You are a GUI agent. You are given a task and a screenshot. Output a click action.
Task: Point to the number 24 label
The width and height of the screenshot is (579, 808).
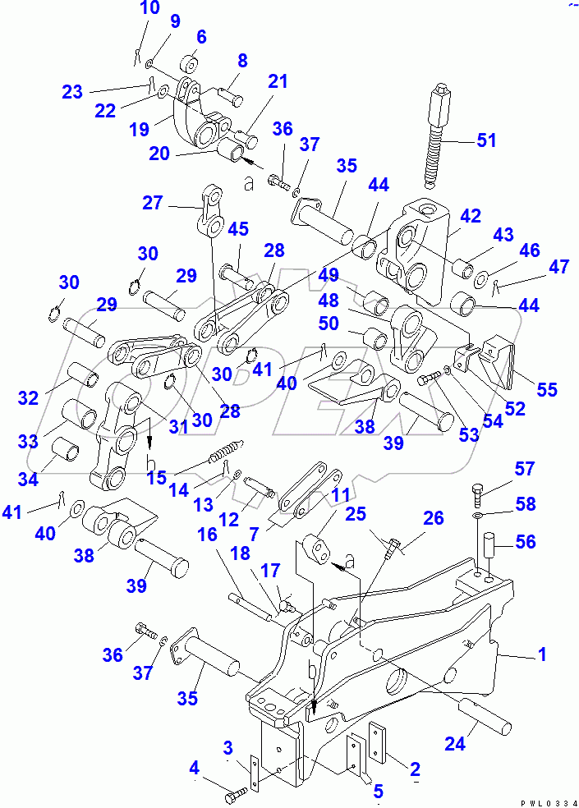click(x=454, y=744)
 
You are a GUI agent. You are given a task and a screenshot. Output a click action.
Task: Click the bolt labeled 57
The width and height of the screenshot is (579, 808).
click(x=480, y=495)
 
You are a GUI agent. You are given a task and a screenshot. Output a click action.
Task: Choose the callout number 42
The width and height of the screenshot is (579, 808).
click(x=471, y=217)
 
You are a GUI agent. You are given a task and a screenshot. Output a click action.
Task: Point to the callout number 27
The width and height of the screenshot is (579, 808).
click(x=153, y=202)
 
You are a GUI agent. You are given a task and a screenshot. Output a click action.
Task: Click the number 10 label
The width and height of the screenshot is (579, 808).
click(x=149, y=10)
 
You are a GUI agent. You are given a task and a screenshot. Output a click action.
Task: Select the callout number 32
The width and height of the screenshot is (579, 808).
click(x=28, y=398)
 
